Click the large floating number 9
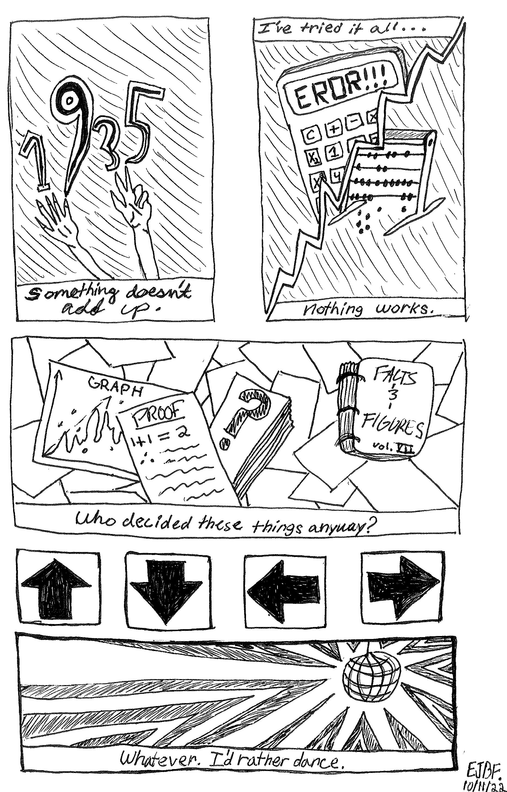point(71,112)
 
